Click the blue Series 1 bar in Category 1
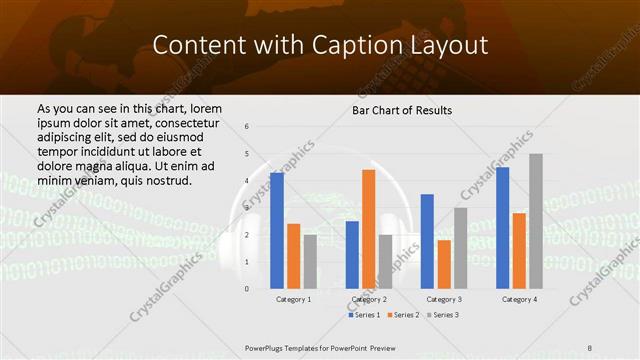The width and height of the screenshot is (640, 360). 277,231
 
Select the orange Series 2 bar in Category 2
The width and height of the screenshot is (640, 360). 368,229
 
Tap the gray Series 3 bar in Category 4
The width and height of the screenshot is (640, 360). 536,221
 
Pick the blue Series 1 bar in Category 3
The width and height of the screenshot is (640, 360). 427,241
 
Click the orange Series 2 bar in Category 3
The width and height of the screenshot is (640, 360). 444,264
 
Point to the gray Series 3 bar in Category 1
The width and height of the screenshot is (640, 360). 310,261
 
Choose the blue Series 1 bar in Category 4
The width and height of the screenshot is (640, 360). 502,228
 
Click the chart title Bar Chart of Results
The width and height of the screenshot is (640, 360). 402,110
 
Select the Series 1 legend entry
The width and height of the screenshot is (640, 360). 365,315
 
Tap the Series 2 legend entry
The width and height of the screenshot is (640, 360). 403,315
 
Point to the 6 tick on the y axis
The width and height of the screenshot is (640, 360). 247,127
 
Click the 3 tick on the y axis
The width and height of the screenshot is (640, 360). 247,208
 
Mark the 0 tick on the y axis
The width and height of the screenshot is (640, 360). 247,289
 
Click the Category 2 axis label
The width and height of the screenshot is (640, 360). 368,299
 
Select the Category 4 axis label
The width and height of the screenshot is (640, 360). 519,299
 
